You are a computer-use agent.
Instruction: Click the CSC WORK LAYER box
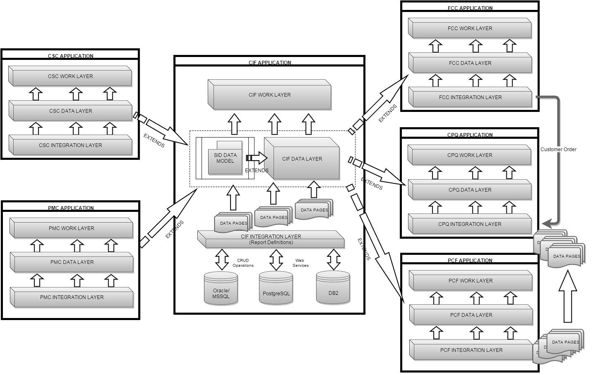(x=70, y=77)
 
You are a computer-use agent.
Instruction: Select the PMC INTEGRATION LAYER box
(x=72, y=297)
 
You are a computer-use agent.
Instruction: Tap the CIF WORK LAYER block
(x=269, y=95)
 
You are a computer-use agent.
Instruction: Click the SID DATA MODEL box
(x=225, y=158)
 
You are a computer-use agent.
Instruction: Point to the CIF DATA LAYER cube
(x=302, y=159)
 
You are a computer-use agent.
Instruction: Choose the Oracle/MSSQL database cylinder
(x=221, y=290)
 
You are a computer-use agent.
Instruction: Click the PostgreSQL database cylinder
(x=276, y=290)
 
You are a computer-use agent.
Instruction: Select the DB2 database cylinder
(x=333, y=289)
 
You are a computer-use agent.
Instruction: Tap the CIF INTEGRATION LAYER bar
(x=271, y=240)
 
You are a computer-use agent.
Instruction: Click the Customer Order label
(x=558, y=150)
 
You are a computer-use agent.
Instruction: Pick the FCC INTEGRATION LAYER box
(x=470, y=98)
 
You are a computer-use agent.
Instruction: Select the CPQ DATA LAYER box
(x=470, y=190)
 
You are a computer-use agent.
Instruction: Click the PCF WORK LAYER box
(x=470, y=281)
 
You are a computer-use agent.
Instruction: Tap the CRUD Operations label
(x=243, y=263)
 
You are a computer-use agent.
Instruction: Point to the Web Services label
(x=300, y=263)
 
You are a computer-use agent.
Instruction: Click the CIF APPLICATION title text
(x=270, y=63)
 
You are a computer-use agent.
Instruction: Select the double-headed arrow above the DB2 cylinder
(x=333, y=259)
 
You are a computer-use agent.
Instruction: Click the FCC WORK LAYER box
(x=470, y=29)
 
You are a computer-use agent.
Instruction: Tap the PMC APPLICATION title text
(x=71, y=208)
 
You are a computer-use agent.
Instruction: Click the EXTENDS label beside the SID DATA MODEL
(x=256, y=171)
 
